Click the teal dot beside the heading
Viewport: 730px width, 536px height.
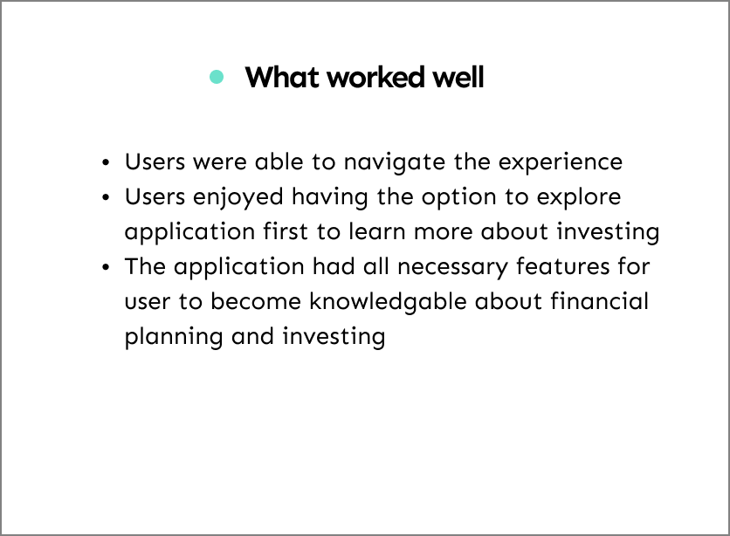[217, 77]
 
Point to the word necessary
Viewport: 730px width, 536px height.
[452, 267]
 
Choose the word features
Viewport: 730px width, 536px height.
[563, 266]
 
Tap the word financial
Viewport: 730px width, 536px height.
[599, 301]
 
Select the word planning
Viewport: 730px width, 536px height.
[174, 337]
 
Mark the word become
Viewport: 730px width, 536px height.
[256, 301]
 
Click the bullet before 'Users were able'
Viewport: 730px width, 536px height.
[107, 163]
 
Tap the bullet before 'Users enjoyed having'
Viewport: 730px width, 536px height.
[107, 198]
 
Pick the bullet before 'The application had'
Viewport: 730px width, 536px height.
[107, 267]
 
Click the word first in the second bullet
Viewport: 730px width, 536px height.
[286, 231]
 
